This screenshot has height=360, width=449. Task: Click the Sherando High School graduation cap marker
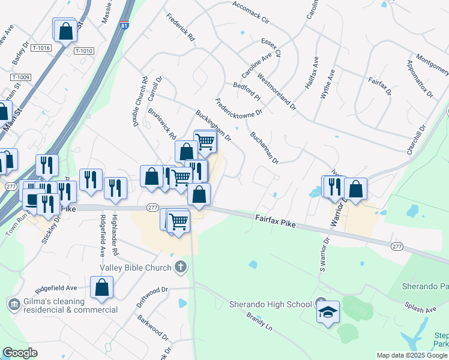point(328,313)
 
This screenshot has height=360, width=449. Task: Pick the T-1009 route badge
point(21,77)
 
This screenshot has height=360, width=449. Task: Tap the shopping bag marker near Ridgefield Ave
point(102,287)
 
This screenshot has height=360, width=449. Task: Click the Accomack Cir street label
point(250,14)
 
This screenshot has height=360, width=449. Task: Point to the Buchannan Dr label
point(265,148)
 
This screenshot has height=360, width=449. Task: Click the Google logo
point(20,353)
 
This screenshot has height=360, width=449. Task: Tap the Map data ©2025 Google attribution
point(412,355)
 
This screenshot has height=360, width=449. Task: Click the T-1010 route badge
point(84,51)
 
